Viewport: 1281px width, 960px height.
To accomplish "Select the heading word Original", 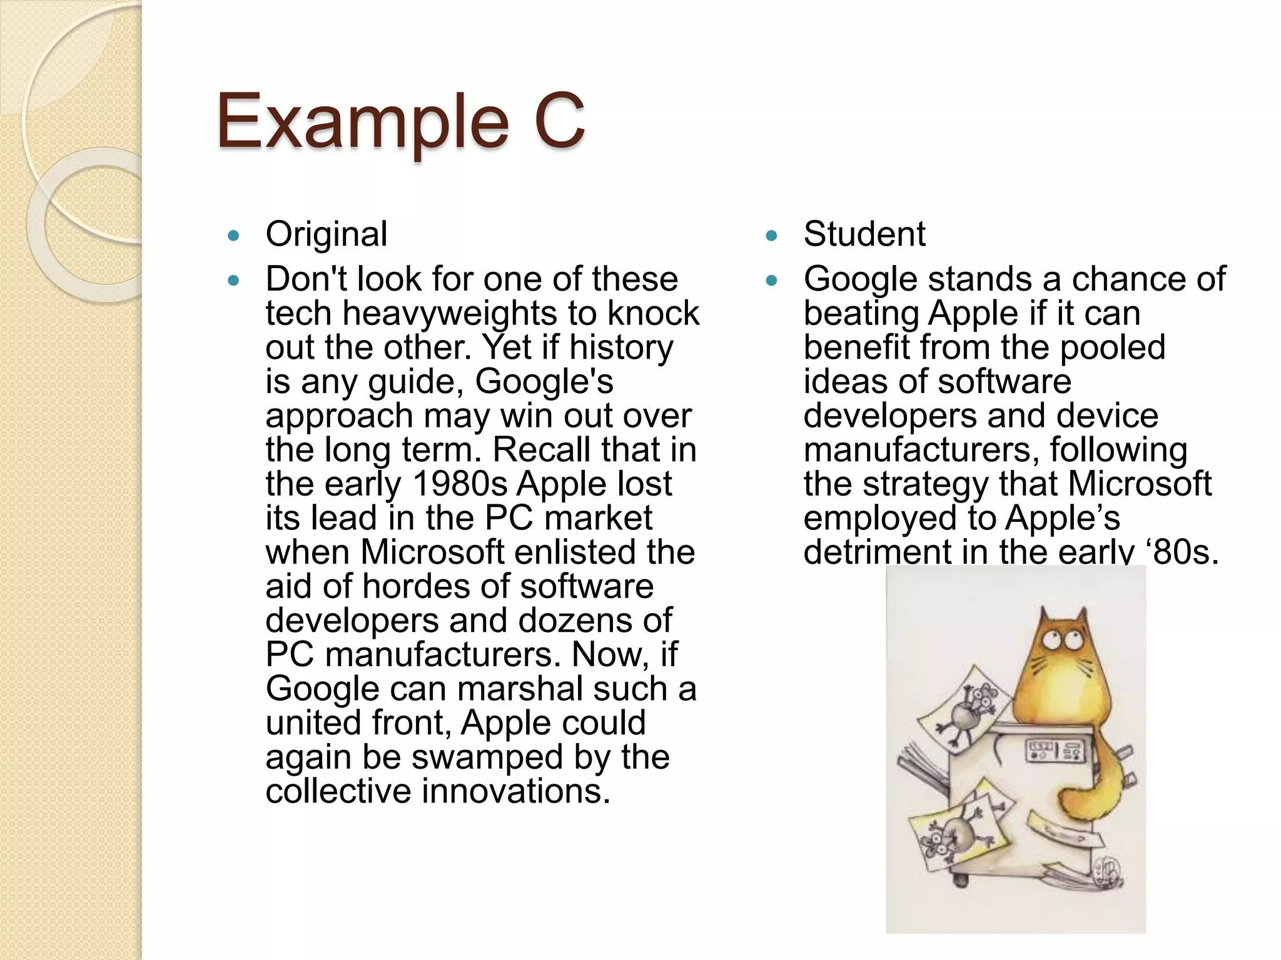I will point(327,234).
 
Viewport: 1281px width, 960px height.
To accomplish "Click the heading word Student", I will point(864,234).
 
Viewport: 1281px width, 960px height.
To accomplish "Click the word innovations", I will point(516,791).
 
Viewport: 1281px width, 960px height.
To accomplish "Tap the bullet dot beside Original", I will point(234,236).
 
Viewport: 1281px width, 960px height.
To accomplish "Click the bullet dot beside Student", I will point(771,236).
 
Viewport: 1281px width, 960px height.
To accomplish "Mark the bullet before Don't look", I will point(234,281).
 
